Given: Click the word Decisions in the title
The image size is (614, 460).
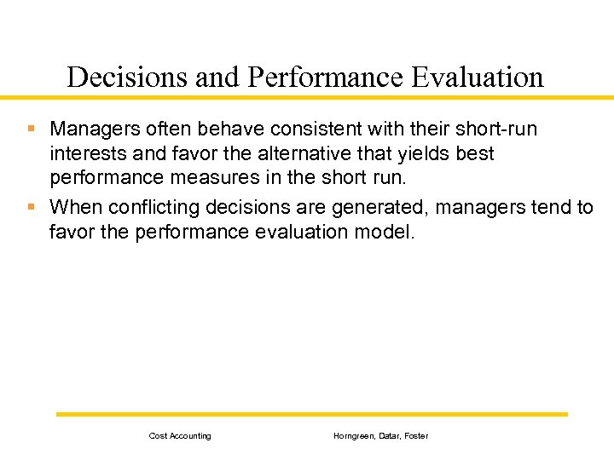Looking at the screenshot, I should pyautogui.click(x=127, y=78).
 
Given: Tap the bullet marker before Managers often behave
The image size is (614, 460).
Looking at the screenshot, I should pyautogui.click(x=32, y=129).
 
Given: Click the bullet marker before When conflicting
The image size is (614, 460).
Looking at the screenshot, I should pyautogui.click(x=32, y=206).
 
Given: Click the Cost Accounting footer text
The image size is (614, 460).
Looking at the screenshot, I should pyautogui.click(x=180, y=436).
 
